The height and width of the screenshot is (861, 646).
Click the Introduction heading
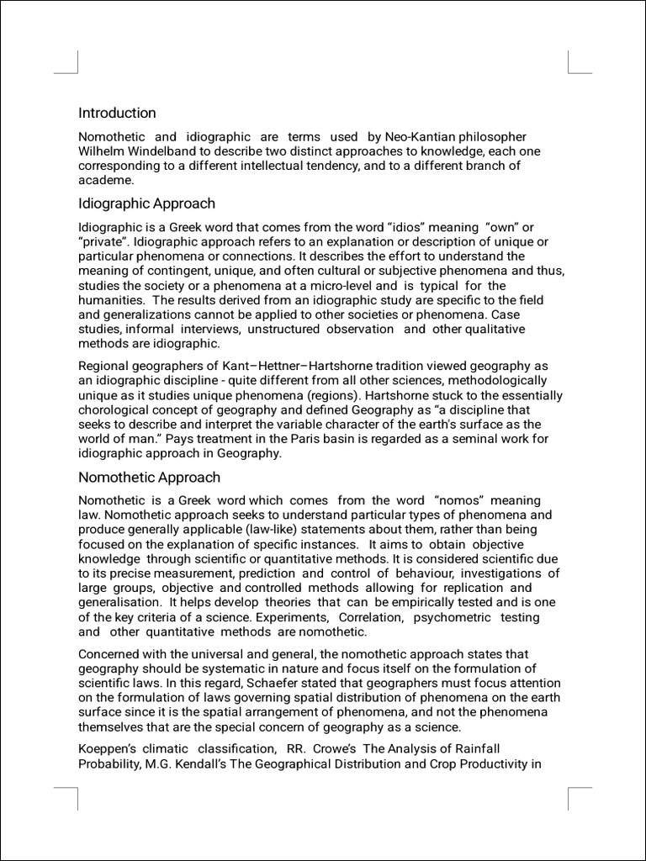point(117,113)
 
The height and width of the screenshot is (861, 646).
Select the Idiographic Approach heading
point(146,203)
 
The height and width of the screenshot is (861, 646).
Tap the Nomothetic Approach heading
point(149,478)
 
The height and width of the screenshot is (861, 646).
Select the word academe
point(106,180)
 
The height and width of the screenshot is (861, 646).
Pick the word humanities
point(110,300)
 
